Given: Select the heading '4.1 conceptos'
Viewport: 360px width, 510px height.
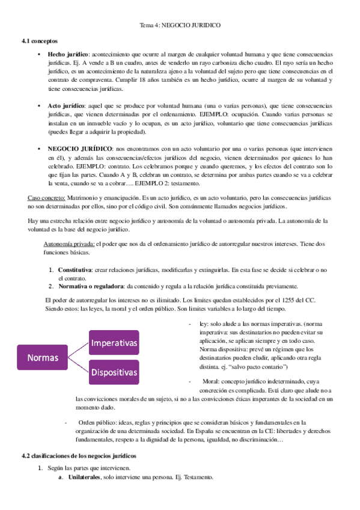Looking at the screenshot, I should [38, 40].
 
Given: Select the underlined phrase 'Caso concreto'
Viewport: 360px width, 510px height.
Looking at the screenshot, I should [46, 198].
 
